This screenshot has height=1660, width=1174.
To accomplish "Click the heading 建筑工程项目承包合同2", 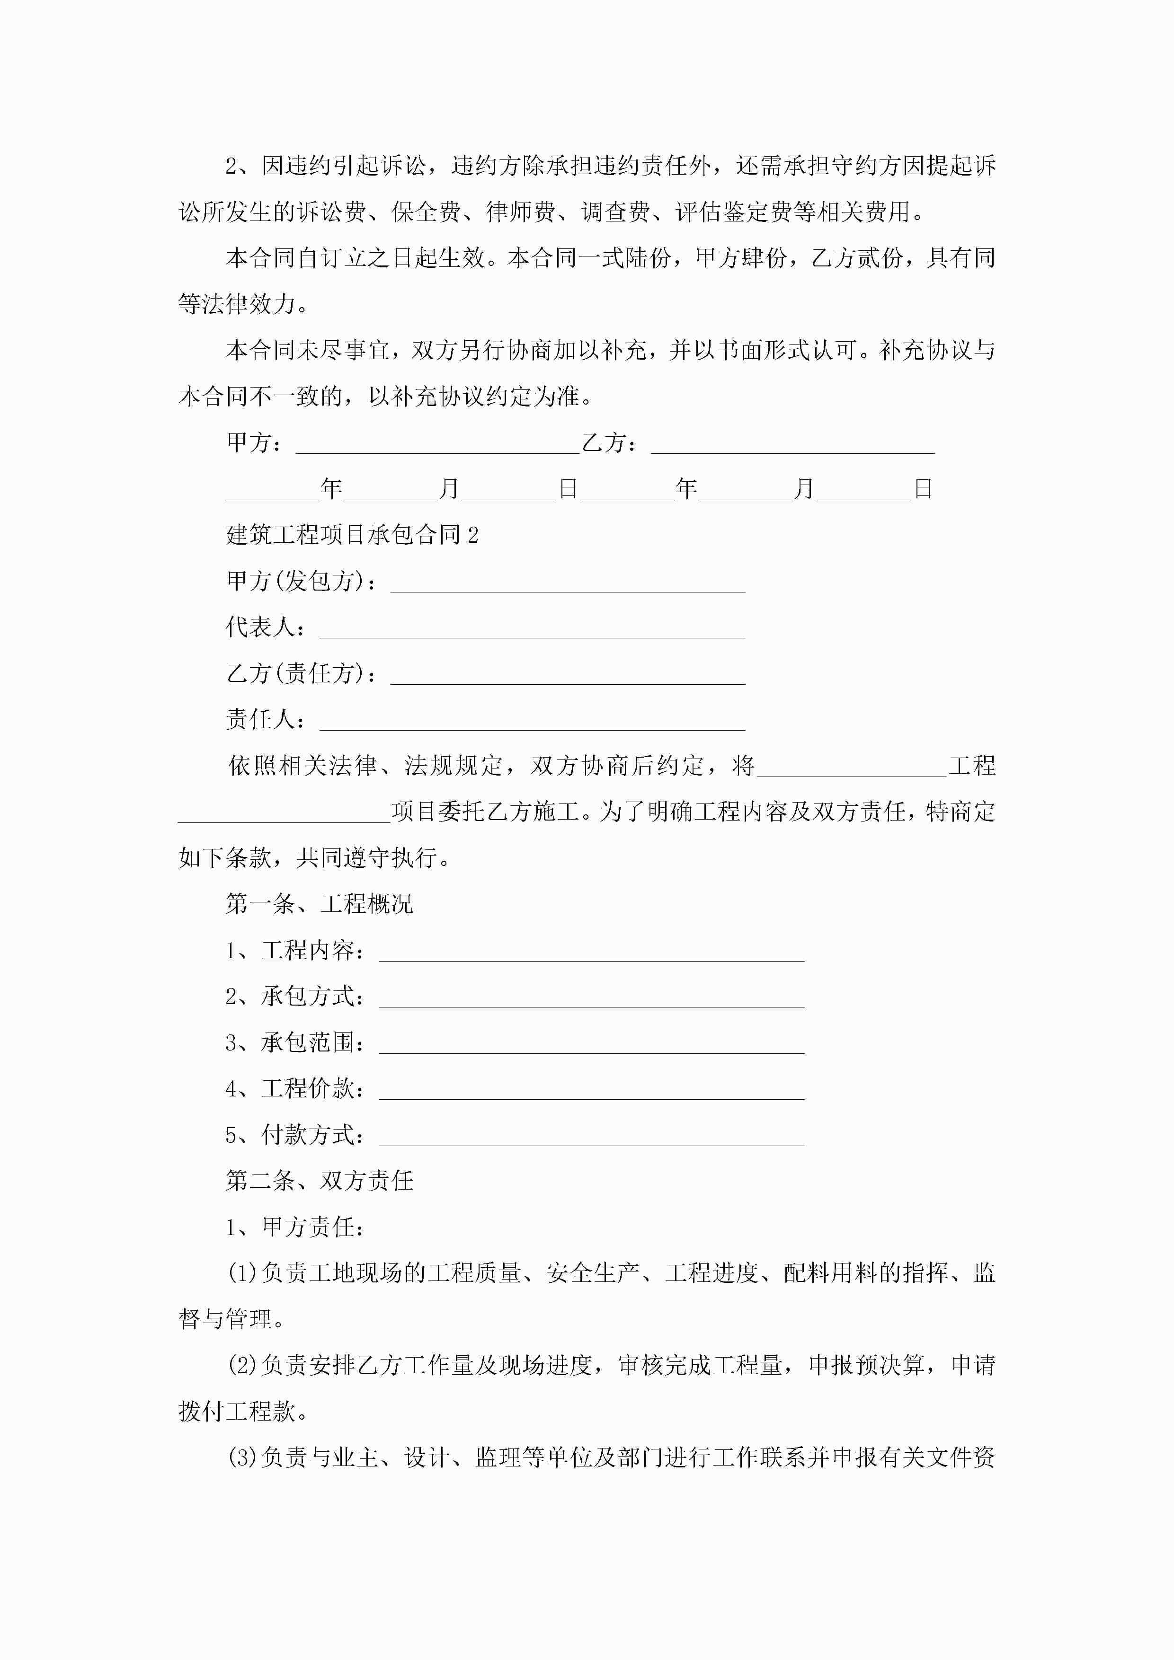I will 352,535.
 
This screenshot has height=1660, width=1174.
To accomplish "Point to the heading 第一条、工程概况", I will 319,904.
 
